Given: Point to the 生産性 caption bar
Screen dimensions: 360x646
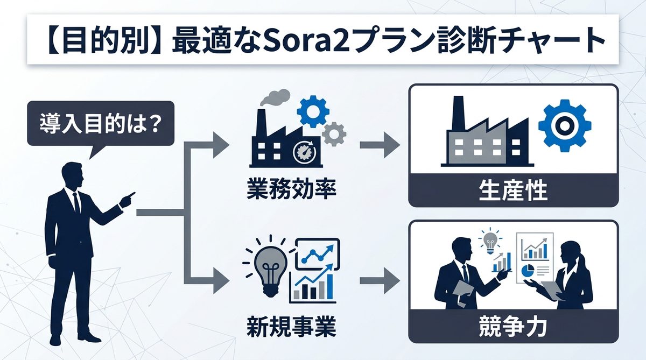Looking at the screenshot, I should pos(513,191).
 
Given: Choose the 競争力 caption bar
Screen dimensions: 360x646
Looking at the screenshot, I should pos(513,326).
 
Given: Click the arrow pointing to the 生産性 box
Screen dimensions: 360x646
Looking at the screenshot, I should pos(380,145).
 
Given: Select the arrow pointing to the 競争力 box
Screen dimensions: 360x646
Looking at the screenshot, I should pos(380,281).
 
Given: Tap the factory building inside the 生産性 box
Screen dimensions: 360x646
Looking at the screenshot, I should pos(484,137).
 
